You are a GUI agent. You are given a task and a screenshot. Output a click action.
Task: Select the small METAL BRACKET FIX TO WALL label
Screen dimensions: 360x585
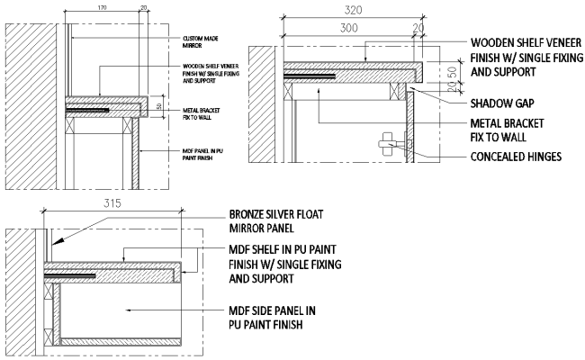(202, 112)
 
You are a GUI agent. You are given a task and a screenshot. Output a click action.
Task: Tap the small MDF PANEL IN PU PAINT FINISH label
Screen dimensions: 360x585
(202, 155)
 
